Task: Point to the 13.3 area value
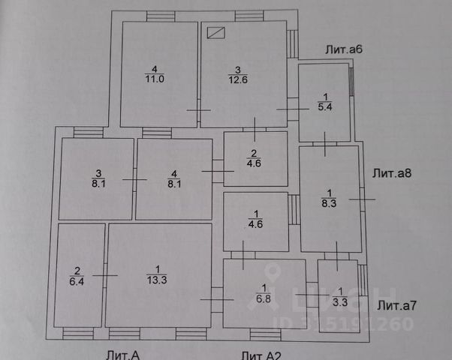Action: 158,280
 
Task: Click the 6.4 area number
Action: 75,282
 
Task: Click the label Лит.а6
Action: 344,49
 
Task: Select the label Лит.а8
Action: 391,172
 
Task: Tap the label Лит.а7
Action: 396,305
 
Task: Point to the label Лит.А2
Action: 261,354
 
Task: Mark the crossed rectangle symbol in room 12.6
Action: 215,32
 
